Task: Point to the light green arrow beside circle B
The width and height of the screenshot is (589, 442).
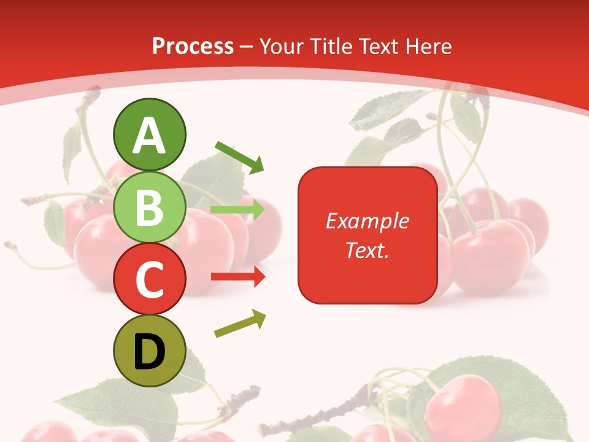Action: (238, 210)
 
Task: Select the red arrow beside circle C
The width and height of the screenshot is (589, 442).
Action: (238, 277)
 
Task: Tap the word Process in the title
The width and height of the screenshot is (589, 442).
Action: (193, 46)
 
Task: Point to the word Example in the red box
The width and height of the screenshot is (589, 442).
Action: (368, 221)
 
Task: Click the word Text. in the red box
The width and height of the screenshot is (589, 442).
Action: (368, 250)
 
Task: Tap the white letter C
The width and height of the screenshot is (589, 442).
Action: (150, 280)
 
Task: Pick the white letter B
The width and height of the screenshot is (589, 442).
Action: (150, 207)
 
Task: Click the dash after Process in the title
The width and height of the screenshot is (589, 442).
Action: (246, 47)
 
